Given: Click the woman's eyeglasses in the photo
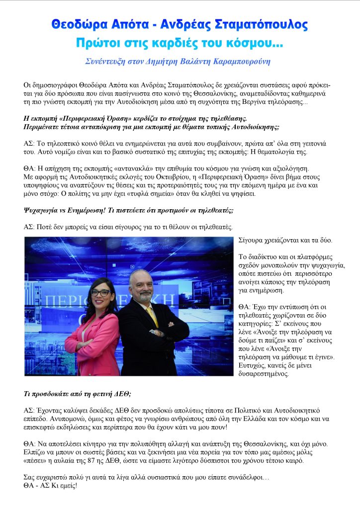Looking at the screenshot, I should click(100, 293).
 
